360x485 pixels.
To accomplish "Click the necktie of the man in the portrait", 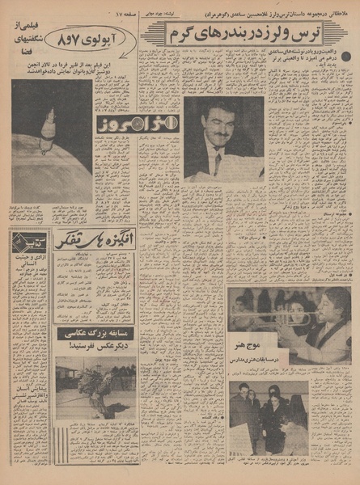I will tap(218, 162).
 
